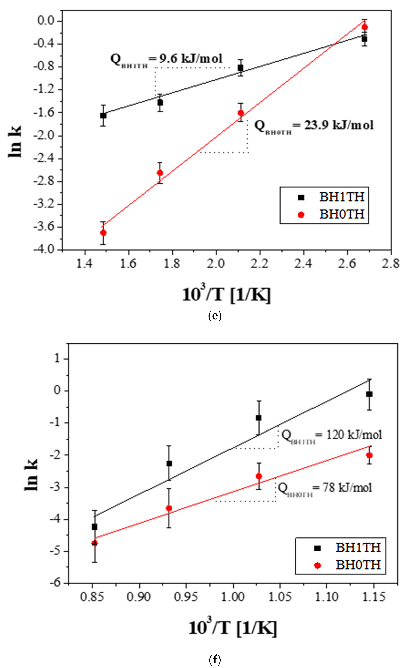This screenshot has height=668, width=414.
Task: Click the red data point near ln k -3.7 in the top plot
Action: (x=103, y=233)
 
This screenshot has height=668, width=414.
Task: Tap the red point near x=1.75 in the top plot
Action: (x=160, y=173)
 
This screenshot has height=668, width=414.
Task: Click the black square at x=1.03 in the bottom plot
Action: (x=258, y=418)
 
